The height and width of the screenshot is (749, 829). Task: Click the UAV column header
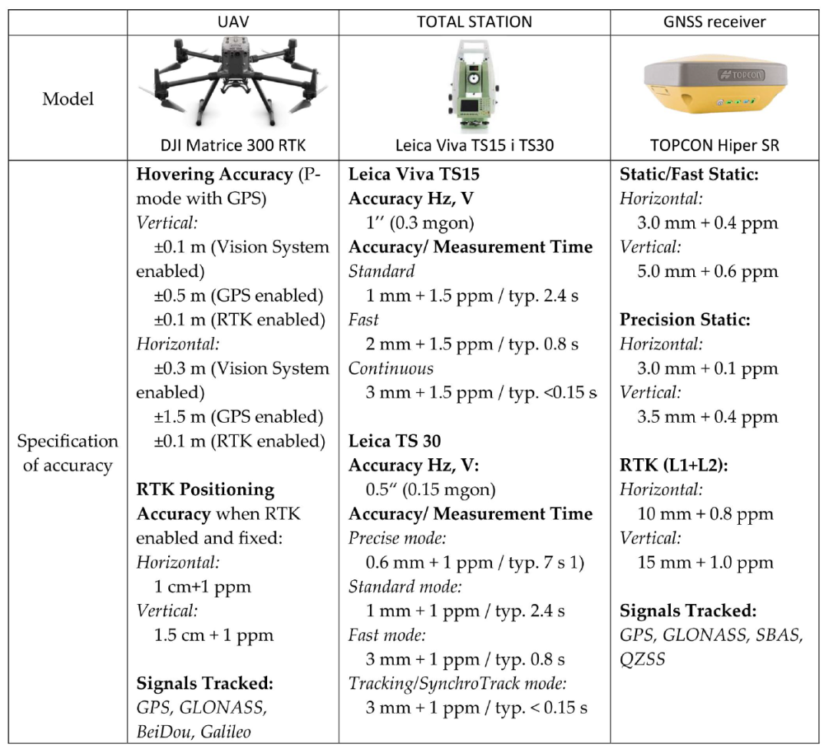[233, 22]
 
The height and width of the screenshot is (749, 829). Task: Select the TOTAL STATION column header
[474, 22]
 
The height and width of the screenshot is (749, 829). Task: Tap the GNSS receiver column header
[715, 22]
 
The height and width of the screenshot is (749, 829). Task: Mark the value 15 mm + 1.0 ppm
[705, 563]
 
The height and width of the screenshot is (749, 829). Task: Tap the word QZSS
[643, 659]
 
